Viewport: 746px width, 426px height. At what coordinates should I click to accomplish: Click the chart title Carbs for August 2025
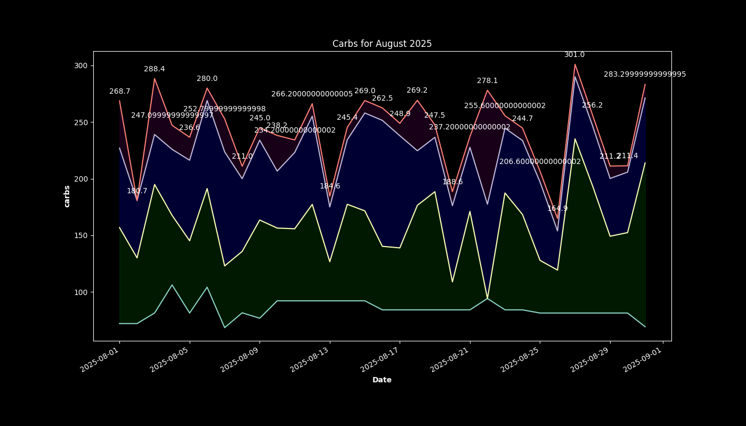point(382,44)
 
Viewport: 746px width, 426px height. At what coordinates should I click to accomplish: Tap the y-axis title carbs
point(67,196)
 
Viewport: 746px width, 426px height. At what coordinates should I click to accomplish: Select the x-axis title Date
point(382,380)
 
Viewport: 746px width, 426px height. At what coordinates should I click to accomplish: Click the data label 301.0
point(574,55)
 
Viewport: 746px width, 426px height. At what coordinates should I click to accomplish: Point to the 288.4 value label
point(155,69)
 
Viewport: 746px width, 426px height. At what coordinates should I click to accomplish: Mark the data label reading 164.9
point(557,209)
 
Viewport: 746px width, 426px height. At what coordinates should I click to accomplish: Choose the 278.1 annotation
point(487,81)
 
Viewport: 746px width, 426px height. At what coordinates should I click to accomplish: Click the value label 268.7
point(120,92)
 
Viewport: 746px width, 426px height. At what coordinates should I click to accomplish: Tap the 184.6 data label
point(330,186)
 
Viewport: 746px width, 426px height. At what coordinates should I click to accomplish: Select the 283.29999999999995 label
point(645,75)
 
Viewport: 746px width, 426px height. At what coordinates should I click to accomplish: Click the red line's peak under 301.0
point(575,64)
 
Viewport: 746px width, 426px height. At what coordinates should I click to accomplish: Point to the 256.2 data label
point(592,105)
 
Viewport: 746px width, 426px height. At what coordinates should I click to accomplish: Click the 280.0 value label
point(207,79)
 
